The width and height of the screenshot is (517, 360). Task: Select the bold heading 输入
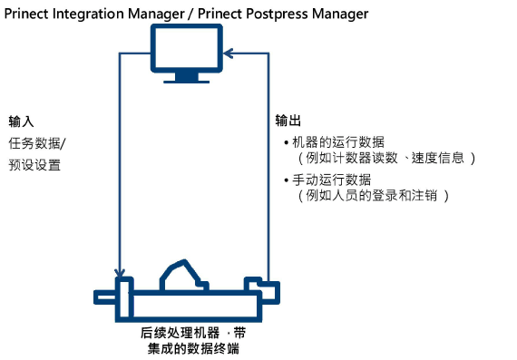pos(21,122)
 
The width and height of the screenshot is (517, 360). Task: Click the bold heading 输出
pos(288,122)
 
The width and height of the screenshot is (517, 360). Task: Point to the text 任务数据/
pos(38,142)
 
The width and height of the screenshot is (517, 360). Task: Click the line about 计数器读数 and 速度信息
pos(385,158)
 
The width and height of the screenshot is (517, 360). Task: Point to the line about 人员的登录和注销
pos(373,195)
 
